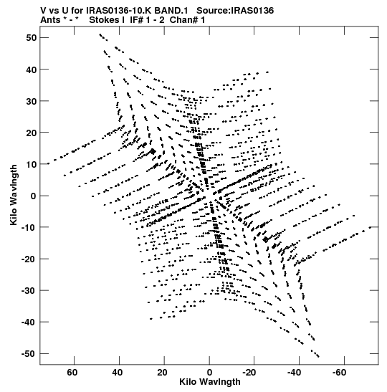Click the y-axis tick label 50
[31, 38]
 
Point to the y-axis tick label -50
[29, 354]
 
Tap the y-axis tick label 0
[34, 196]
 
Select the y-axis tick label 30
[31, 101]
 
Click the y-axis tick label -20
[29, 259]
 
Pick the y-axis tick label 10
[31, 165]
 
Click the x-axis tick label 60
[72, 373]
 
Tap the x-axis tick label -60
[339, 373]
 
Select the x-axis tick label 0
[209, 373]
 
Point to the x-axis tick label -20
[249, 373]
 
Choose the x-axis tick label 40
[118, 373]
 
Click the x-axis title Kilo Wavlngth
[210, 382]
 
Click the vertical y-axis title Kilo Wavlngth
[14, 195]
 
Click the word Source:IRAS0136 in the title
[235, 11]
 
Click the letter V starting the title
[44, 11]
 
